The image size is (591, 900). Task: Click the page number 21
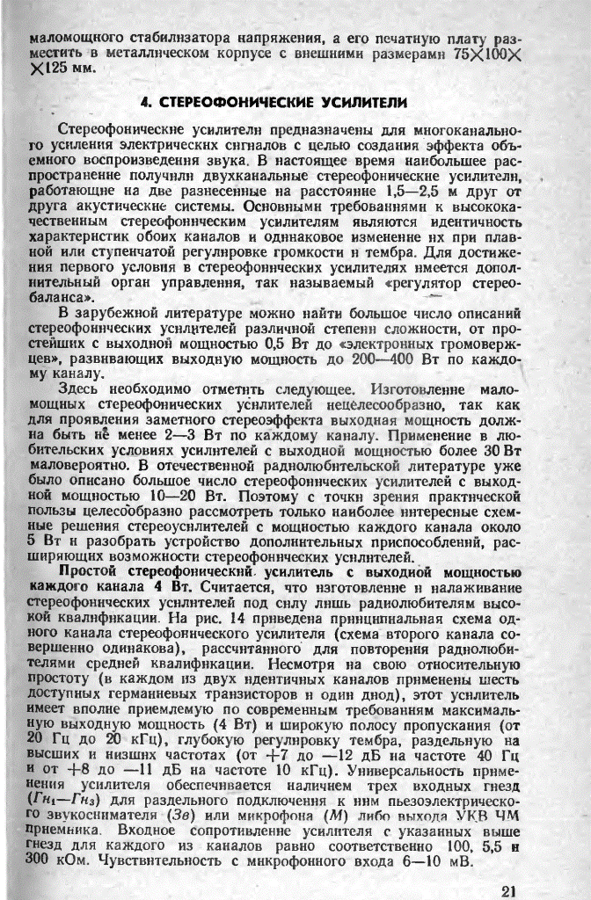pyautogui.click(x=507, y=889)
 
